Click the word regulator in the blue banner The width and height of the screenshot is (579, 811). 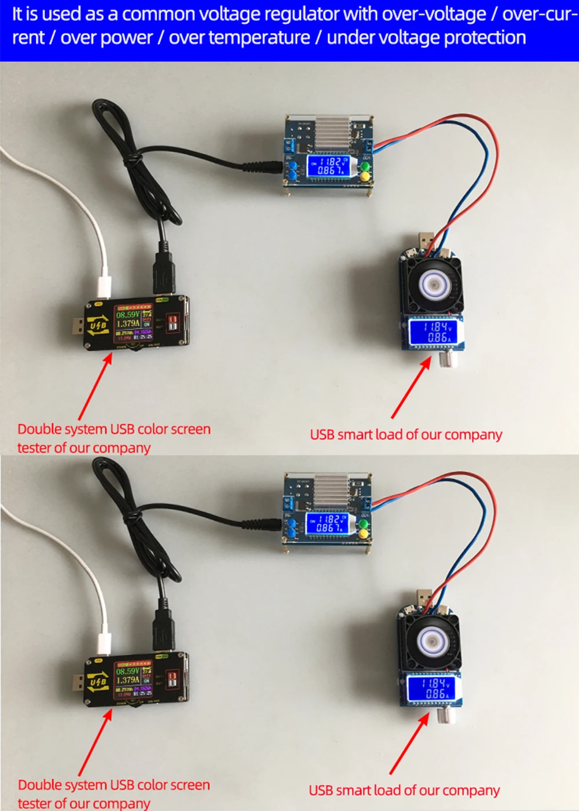(306, 14)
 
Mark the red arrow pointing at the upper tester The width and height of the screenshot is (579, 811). (95, 385)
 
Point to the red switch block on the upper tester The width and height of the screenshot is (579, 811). (173, 323)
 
